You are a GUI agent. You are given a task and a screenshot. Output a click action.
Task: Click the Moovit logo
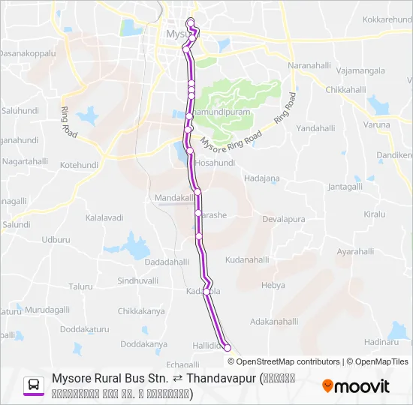(x=355, y=386)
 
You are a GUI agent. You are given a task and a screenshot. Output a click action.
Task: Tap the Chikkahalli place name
(x=345, y=89)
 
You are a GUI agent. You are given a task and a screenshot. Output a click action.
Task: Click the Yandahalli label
(x=315, y=128)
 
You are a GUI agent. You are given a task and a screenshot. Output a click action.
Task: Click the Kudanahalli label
(x=246, y=259)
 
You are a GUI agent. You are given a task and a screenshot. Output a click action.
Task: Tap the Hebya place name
(x=273, y=286)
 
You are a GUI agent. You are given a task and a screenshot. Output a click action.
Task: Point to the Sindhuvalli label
(x=138, y=280)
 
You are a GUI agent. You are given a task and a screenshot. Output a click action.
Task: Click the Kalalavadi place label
(x=104, y=217)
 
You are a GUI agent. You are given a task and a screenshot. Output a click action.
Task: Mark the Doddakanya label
(x=143, y=344)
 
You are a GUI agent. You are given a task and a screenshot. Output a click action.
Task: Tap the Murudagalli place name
(x=47, y=310)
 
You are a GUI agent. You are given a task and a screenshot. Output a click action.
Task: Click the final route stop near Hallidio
(x=228, y=348)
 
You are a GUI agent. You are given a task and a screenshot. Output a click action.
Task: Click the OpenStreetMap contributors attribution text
(x=277, y=361)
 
